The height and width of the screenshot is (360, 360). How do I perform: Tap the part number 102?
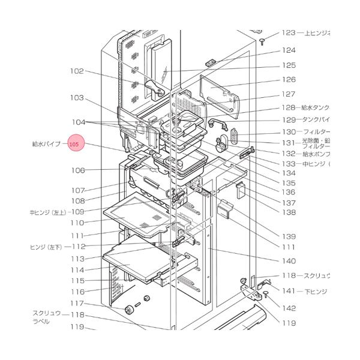coord(77,71)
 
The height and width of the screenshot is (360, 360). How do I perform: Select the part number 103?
coord(77,98)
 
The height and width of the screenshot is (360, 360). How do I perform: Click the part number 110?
coord(77,223)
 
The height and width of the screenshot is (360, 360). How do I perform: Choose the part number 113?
coord(77,259)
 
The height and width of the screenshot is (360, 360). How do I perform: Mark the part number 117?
coord(77,303)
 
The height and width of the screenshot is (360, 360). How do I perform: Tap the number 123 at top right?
coord(289,33)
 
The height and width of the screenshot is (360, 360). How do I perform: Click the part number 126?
coord(289,79)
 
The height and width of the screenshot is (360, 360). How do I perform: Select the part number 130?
coord(289,131)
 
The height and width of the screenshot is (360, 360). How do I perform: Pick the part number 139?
coord(289,236)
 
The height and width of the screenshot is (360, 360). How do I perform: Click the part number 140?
coord(289,261)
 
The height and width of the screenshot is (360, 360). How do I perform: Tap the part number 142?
coord(289,308)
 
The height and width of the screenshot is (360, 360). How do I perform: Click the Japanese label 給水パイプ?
coord(46,145)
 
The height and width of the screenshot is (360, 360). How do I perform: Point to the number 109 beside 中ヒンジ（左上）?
coord(77,212)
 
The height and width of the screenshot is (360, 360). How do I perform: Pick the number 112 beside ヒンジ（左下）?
coord(79,247)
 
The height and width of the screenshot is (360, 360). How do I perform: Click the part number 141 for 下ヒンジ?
coord(289,291)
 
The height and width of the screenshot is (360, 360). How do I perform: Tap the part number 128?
coord(289,108)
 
